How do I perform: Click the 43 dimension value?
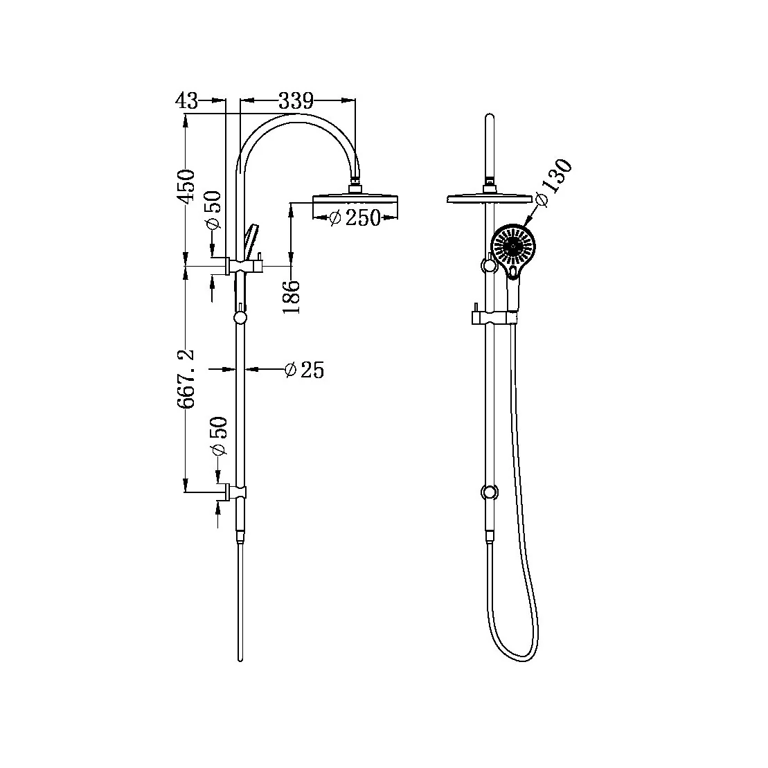[186, 100]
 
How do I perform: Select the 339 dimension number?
[296, 100]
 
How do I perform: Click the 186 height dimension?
[292, 296]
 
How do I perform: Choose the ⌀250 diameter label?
[355, 217]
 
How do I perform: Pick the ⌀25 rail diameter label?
[304, 370]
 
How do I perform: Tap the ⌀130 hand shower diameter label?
[555, 184]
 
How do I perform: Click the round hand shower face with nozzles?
[513, 246]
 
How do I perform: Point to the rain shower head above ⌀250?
[356, 200]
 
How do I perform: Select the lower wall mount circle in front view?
[490, 492]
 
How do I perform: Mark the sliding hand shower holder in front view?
[493, 317]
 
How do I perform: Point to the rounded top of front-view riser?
[490, 118]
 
